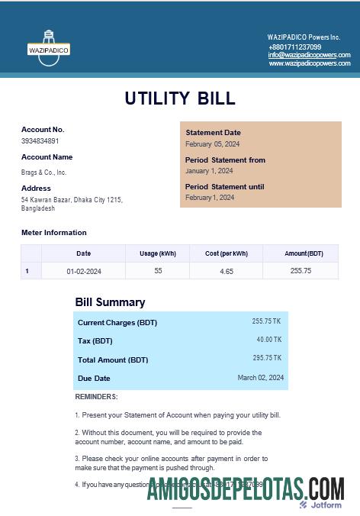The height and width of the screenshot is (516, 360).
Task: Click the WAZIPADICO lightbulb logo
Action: [x=49, y=47]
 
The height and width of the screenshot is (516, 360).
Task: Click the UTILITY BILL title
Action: [x=180, y=98]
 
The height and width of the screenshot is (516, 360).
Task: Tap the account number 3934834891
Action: [x=40, y=141]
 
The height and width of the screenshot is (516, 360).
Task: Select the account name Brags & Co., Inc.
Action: [x=43, y=173]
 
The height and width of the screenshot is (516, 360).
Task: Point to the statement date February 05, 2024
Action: [x=213, y=144]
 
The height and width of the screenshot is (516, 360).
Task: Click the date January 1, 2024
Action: [x=209, y=171]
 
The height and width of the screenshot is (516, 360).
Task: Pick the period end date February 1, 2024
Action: [x=210, y=198]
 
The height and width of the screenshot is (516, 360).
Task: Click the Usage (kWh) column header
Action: [x=158, y=253]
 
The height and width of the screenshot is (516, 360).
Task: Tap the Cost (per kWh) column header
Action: [x=227, y=253]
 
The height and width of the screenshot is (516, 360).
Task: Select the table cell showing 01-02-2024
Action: [x=84, y=271]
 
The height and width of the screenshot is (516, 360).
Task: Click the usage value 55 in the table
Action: [x=158, y=271]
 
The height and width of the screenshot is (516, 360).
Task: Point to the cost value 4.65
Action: [x=227, y=271]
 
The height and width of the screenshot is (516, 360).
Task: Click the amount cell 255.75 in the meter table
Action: [x=301, y=271]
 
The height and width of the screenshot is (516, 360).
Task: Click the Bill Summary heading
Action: [x=110, y=302]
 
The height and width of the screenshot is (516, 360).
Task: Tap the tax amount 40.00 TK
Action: [x=268, y=340]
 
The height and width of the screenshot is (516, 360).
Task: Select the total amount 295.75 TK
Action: [x=267, y=358]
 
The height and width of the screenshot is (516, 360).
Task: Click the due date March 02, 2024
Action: [x=260, y=377]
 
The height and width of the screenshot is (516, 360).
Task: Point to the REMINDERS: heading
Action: [x=96, y=397]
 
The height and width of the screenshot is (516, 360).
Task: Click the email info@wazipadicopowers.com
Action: [x=309, y=55]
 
